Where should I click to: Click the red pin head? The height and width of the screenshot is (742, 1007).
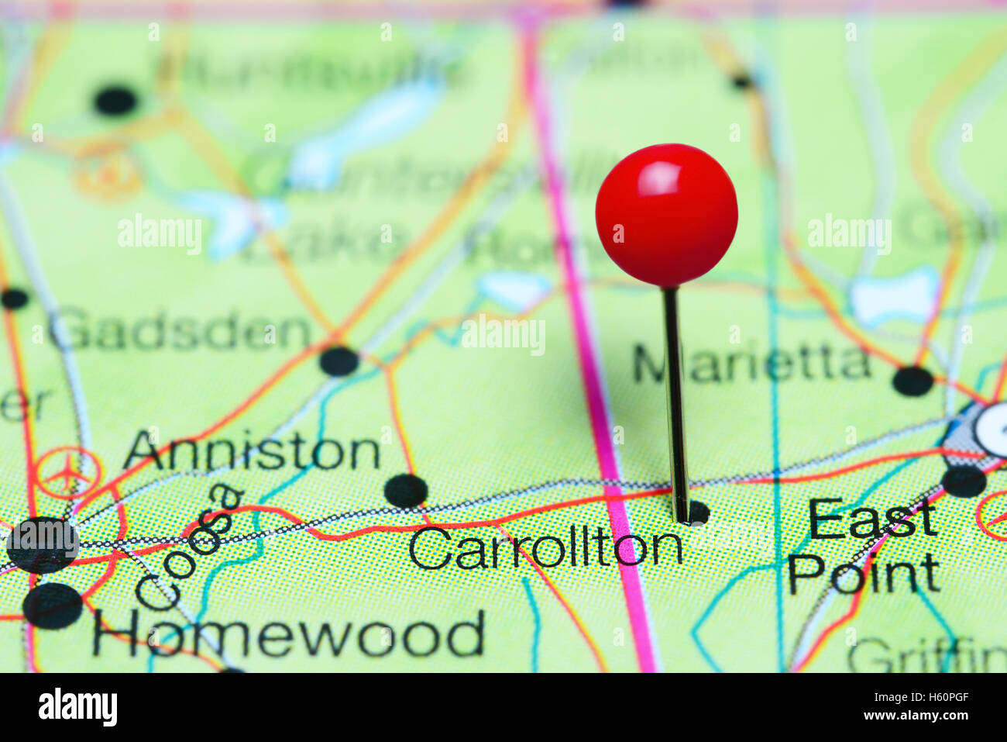tap(666, 215)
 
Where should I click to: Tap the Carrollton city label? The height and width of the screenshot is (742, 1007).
tap(545, 547)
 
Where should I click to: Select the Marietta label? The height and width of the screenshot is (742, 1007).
tap(751, 364)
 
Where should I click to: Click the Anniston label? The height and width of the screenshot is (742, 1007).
tap(252, 451)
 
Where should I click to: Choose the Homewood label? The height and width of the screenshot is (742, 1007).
tap(288, 634)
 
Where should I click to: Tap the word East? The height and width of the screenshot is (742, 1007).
tap(872, 519)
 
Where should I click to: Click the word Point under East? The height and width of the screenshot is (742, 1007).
tap(864, 575)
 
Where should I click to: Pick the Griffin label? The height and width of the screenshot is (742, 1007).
tap(926, 656)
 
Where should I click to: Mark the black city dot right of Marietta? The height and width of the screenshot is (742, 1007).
tap(912, 381)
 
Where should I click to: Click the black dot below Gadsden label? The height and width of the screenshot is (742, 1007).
tap(339, 361)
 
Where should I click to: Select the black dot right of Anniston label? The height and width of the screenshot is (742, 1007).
tap(406, 491)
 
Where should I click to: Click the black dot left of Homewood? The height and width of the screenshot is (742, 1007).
tap(53, 606)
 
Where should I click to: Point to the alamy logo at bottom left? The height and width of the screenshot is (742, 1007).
tap(77, 707)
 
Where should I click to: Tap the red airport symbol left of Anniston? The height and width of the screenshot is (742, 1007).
tap(69, 472)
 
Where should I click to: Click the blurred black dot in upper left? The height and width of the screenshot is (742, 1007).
tap(116, 101)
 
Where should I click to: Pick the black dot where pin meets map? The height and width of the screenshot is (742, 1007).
tap(697, 512)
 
